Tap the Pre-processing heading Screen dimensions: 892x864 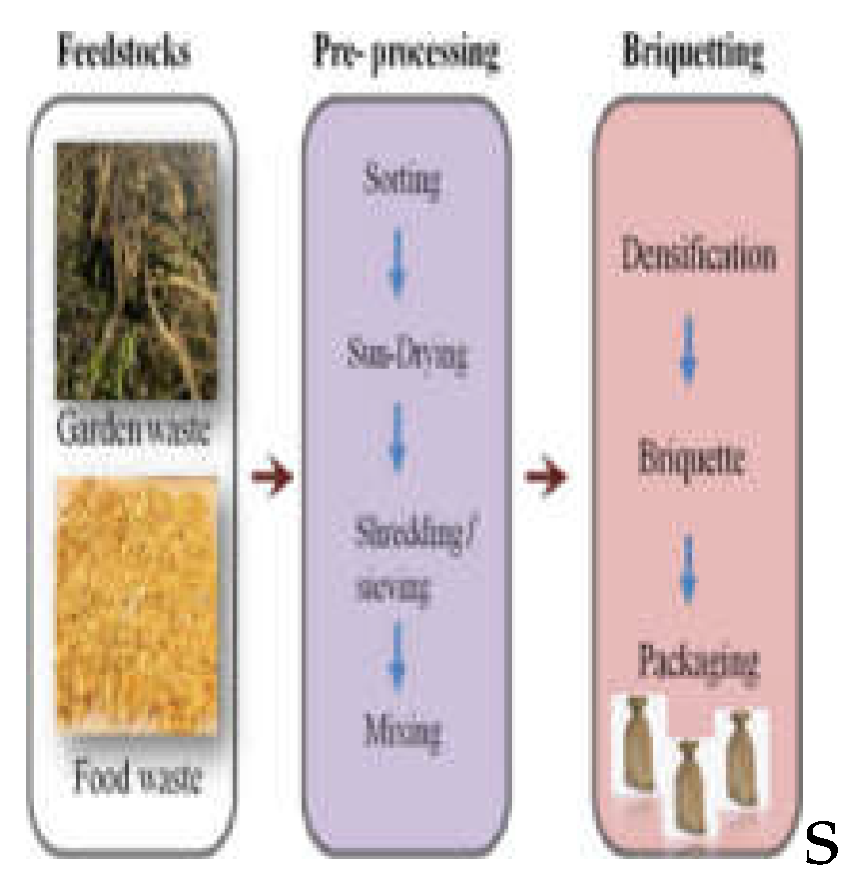[x=406, y=53]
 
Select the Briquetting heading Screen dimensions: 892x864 [x=693, y=53]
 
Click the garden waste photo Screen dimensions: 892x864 [x=136, y=268]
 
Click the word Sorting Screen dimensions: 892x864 [x=402, y=182]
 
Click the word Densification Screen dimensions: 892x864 [x=697, y=257]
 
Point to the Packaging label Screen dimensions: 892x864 [x=698, y=661]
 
